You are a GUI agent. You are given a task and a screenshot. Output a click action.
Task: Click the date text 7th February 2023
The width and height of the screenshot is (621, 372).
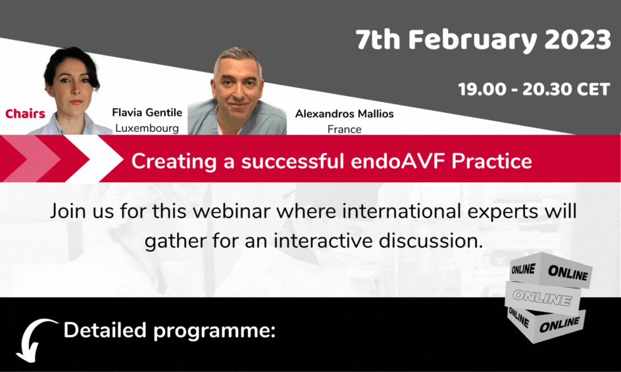point(483,40)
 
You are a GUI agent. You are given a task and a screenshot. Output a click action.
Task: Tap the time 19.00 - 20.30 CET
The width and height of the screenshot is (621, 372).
point(534,89)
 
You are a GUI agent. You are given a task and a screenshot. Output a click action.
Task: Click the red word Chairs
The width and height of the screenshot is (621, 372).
point(26,114)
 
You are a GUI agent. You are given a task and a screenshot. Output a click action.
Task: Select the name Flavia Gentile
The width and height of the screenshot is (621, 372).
point(147,112)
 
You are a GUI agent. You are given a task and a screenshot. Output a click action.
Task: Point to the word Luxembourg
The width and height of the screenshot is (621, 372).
point(147,128)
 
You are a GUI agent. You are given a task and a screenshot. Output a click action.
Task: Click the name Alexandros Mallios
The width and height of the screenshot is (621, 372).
point(344,114)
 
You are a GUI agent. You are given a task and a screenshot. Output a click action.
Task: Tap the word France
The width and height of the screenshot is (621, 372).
point(344,129)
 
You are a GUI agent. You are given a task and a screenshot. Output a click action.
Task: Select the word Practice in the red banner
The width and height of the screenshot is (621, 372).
point(491,160)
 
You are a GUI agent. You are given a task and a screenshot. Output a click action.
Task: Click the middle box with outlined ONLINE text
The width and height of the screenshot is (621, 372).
point(543,298)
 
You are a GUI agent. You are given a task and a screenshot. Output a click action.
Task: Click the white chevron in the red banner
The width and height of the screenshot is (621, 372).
point(93,158)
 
